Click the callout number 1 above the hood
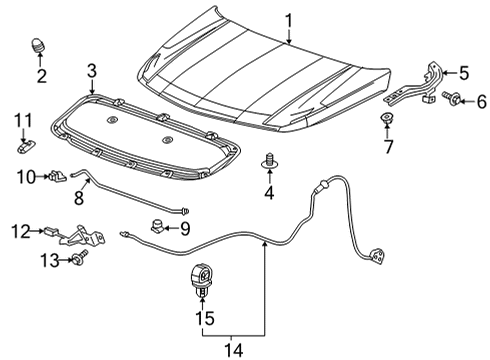[x=288, y=20]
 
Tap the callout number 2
[x=41, y=76]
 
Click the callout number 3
[x=91, y=70]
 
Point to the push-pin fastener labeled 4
[x=268, y=160]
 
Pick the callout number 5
[x=463, y=72]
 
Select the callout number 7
[x=386, y=148]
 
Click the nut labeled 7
[x=386, y=124]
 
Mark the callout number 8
[x=78, y=199]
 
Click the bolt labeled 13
[x=75, y=261]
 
